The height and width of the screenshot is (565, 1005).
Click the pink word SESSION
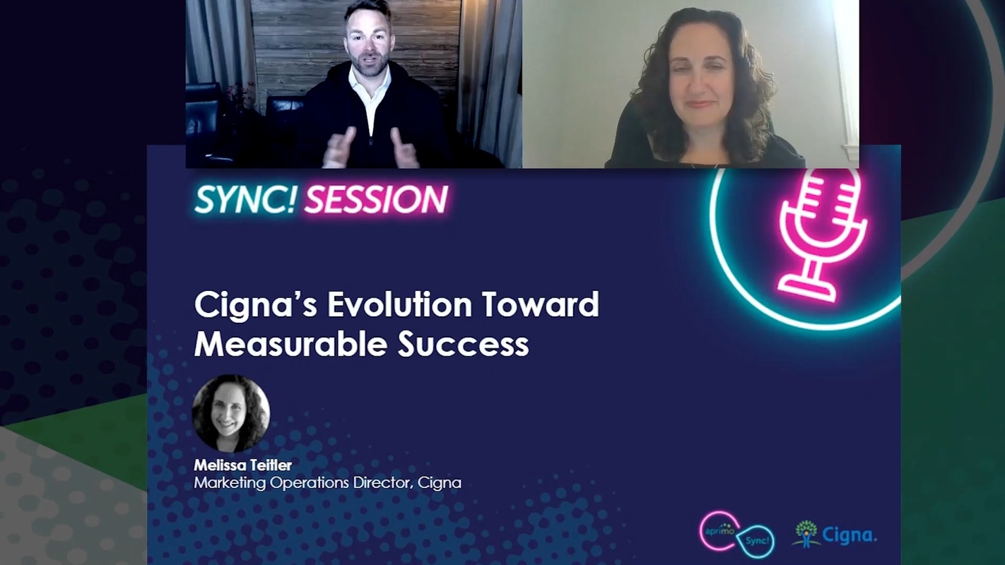(376, 200)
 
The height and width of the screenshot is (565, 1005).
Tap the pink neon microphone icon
(822, 233)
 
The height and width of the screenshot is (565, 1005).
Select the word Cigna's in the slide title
(255, 305)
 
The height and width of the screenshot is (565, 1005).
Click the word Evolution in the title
(400, 305)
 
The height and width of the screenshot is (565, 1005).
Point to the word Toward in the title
(540, 305)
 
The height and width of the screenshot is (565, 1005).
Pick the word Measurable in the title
(290, 344)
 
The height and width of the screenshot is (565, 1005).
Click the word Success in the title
(463, 344)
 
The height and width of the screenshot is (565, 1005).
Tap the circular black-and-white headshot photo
(231, 414)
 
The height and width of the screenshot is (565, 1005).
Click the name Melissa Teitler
(242, 465)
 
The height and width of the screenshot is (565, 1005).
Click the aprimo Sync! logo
(736, 535)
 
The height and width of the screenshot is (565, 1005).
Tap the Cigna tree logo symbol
(806, 534)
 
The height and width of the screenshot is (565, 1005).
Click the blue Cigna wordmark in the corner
(849, 535)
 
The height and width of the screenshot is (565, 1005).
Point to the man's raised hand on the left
(340, 147)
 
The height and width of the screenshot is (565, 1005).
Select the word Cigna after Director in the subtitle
(439, 483)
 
